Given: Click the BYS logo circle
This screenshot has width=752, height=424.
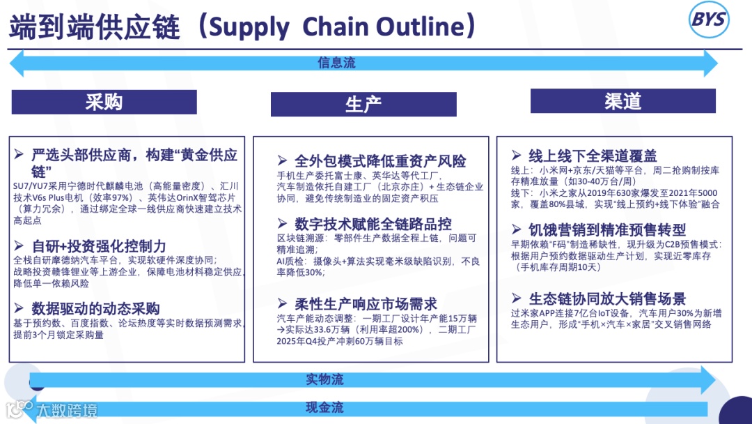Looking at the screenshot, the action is click(x=708, y=20).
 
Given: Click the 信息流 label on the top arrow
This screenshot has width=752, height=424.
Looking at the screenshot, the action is click(x=336, y=63).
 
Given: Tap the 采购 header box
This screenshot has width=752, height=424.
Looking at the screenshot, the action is click(x=104, y=102).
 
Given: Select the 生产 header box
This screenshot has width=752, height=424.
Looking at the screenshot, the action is click(x=363, y=105).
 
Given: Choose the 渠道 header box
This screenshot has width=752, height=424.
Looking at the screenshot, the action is click(x=622, y=101).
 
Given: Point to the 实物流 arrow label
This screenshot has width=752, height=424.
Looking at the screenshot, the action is click(x=324, y=379).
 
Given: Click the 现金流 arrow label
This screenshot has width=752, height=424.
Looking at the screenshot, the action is click(x=324, y=407).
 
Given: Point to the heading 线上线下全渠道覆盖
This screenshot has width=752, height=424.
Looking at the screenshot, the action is click(x=593, y=156).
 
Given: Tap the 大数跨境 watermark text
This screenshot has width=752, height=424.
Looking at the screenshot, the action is click(x=67, y=410).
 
